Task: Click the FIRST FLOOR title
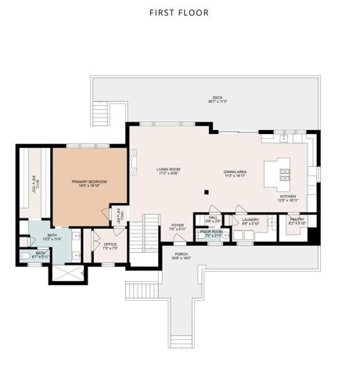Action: pos(179,13)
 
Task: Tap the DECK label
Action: pos(206,98)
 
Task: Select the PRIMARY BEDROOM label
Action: pos(88,183)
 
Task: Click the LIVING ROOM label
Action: pos(168,170)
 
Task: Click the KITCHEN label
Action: pos(289,198)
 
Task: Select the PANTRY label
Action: pos(297,222)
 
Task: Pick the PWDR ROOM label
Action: pos(211,233)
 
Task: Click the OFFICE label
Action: pos(110,245)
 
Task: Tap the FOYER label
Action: pos(178,227)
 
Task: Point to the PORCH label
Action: pos(181,255)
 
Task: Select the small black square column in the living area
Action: pos(206,191)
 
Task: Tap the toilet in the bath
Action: pos(25,256)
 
